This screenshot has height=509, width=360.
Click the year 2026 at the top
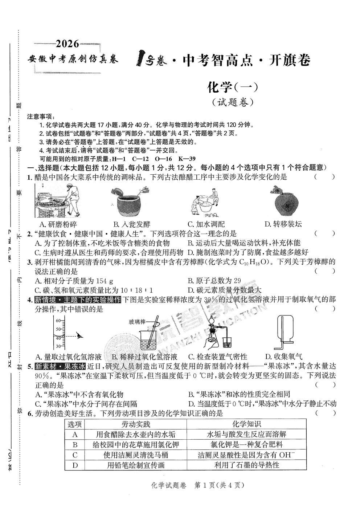click(x=67, y=44)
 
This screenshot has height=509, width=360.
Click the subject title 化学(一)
click(x=232, y=87)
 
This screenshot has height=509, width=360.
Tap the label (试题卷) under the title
click(x=232, y=103)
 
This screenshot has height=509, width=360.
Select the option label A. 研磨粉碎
click(x=58, y=224)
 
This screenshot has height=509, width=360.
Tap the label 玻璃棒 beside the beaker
click(x=137, y=322)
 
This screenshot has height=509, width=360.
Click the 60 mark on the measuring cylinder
click(x=58, y=321)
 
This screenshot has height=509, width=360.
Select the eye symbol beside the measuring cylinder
click(x=80, y=336)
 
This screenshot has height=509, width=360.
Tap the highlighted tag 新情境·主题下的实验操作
click(x=78, y=300)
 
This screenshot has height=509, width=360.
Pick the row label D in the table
click(x=75, y=465)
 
